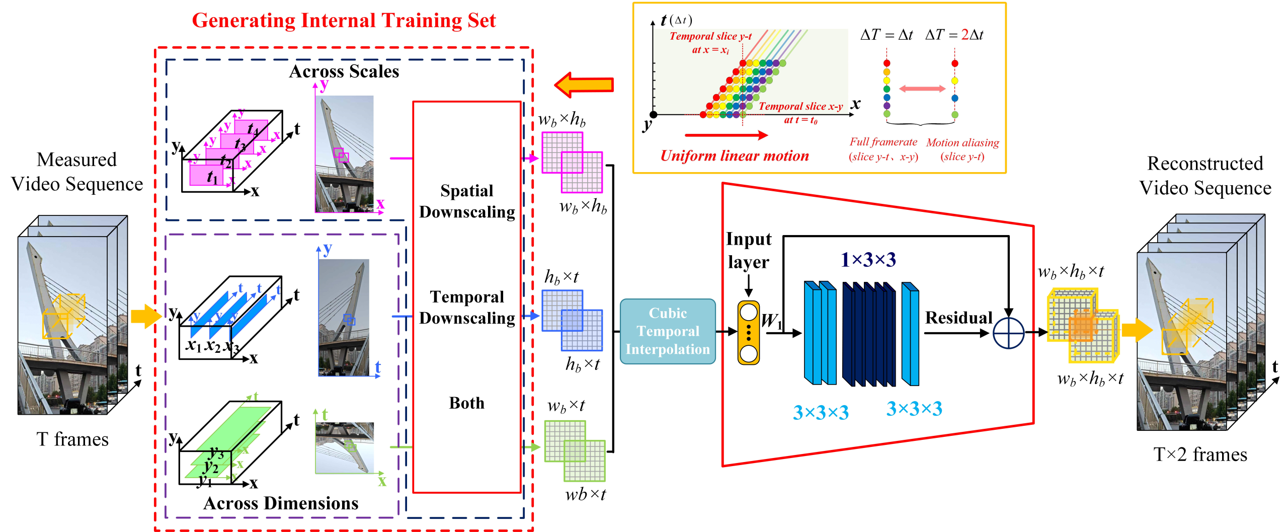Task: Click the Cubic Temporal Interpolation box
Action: (x=667, y=331)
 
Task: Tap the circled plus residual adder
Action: (x=1008, y=333)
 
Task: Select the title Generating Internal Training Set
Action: (x=344, y=21)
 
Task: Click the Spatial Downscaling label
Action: (x=467, y=201)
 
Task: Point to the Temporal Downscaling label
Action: (x=467, y=308)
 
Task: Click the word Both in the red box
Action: (x=467, y=403)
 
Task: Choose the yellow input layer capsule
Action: (x=748, y=333)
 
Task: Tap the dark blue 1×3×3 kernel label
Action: (x=868, y=260)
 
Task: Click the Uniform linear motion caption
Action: (x=735, y=156)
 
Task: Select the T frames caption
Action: (x=72, y=439)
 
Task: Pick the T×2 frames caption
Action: (x=1200, y=454)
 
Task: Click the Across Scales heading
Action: (x=344, y=71)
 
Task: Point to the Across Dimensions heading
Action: (x=281, y=503)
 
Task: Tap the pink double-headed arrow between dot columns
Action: (x=922, y=89)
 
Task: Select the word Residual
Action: (x=958, y=318)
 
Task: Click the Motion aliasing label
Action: (x=962, y=143)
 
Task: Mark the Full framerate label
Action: (x=883, y=142)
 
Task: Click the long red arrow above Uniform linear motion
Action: (x=726, y=135)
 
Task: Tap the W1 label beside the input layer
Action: (x=771, y=321)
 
